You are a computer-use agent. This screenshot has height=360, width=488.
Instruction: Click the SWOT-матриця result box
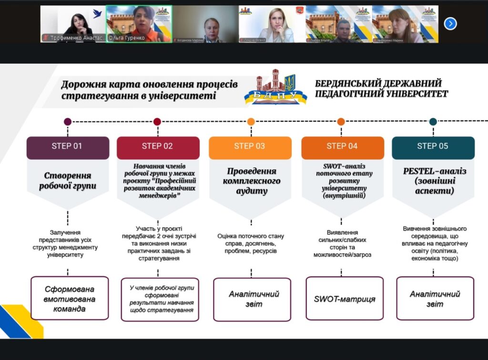pyautogui.click(x=345, y=299)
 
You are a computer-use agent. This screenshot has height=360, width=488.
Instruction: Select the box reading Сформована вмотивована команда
pyautogui.click(x=70, y=299)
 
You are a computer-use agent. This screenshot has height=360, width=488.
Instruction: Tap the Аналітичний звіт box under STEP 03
pyautogui.click(x=252, y=299)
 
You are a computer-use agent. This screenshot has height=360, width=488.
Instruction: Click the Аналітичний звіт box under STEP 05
pyautogui.click(x=435, y=299)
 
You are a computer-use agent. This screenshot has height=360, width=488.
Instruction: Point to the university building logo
pyautogui.click(x=276, y=88)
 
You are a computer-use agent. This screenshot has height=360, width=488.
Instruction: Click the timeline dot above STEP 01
pyautogui.click(x=68, y=121)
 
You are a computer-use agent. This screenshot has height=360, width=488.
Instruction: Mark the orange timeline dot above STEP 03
pyautogui.click(x=251, y=121)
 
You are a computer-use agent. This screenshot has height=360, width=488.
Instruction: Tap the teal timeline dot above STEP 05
pyautogui.click(x=433, y=121)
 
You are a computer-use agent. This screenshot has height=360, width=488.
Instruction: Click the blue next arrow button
pyautogui.click(x=450, y=23)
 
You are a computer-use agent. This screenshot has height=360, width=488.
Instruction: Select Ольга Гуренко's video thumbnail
pyautogui.click(x=139, y=24)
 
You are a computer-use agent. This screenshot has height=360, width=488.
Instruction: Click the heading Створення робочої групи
pyautogui.click(x=68, y=180)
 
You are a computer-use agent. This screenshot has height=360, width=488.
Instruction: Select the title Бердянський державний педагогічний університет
pyautogui.click(x=381, y=89)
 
